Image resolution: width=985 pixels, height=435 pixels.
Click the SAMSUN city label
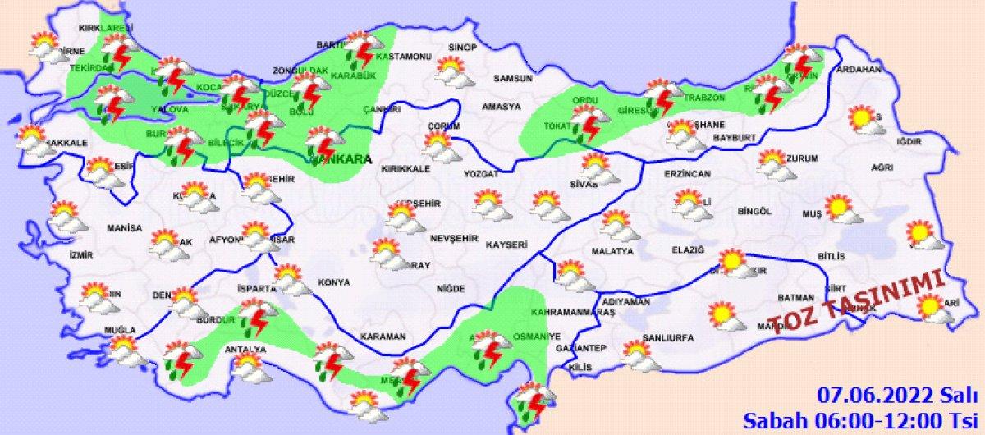pyautogui.click(x=512, y=79)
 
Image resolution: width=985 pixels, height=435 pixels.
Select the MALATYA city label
pyautogui.click(x=612, y=250)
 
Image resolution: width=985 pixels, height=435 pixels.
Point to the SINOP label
pyautogui.click(x=462, y=48)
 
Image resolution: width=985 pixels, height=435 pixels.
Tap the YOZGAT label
pyautogui.click(x=481, y=175)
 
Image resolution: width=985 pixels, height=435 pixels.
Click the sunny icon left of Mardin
pyautogui.click(x=726, y=316)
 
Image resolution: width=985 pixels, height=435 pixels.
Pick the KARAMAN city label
pyautogui.click(x=383, y=337)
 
